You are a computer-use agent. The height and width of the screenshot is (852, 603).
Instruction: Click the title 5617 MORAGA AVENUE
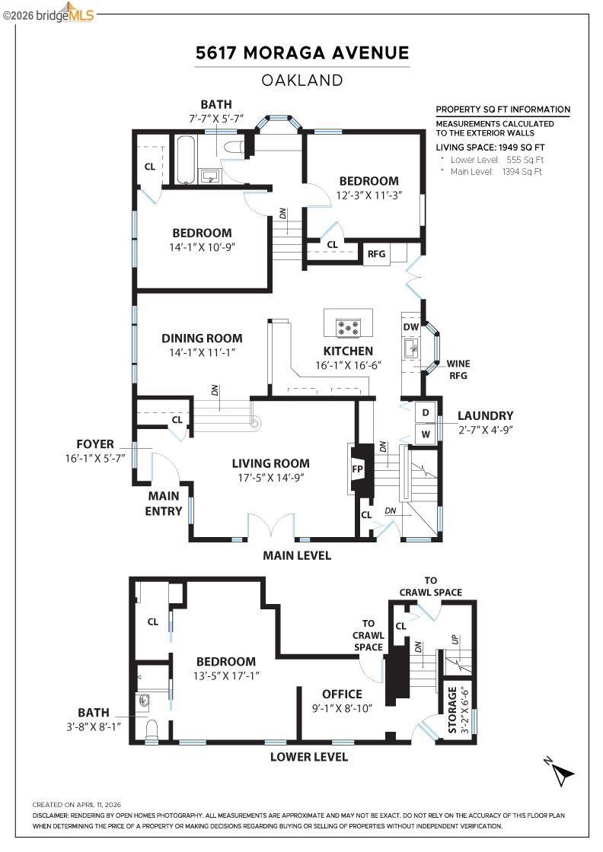coord(302,52)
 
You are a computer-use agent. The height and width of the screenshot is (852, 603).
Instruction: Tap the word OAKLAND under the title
coord(302,80)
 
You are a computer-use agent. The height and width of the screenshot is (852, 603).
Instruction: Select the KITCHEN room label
coord(348,351)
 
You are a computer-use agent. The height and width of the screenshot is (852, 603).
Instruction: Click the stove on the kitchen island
coord(348,328)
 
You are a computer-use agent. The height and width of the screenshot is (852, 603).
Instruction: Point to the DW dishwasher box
coord(411,327)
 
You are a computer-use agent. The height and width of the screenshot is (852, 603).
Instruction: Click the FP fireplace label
coord(357,469)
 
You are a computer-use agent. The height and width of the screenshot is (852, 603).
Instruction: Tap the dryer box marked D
coord(426,412)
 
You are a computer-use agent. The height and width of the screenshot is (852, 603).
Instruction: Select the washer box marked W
coord(426,434)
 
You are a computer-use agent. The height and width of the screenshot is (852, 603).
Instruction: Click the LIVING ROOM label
coord(271,463)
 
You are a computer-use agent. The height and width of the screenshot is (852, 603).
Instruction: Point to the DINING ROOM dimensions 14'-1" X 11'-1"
coord(202,352)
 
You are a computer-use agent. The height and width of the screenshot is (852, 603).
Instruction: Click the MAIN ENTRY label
coord(164,504)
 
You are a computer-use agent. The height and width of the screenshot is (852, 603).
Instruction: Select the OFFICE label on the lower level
coord(342,694)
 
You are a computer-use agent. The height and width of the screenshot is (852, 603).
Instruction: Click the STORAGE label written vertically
coord(451,711)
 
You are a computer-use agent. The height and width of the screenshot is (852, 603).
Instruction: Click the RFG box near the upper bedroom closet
coord(376,254)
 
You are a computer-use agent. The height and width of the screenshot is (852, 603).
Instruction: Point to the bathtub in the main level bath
coord(186,160)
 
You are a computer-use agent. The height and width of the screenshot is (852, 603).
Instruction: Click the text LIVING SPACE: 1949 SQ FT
coord(490,147)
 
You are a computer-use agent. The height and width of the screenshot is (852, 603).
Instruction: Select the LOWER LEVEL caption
coord(309,757)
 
